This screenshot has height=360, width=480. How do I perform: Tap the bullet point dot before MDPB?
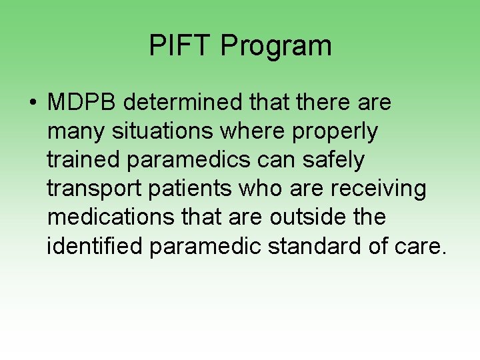coord(33,104)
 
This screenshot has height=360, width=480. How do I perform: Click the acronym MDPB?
coord(81,103)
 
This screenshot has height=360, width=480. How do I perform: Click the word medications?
coord(103,218)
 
